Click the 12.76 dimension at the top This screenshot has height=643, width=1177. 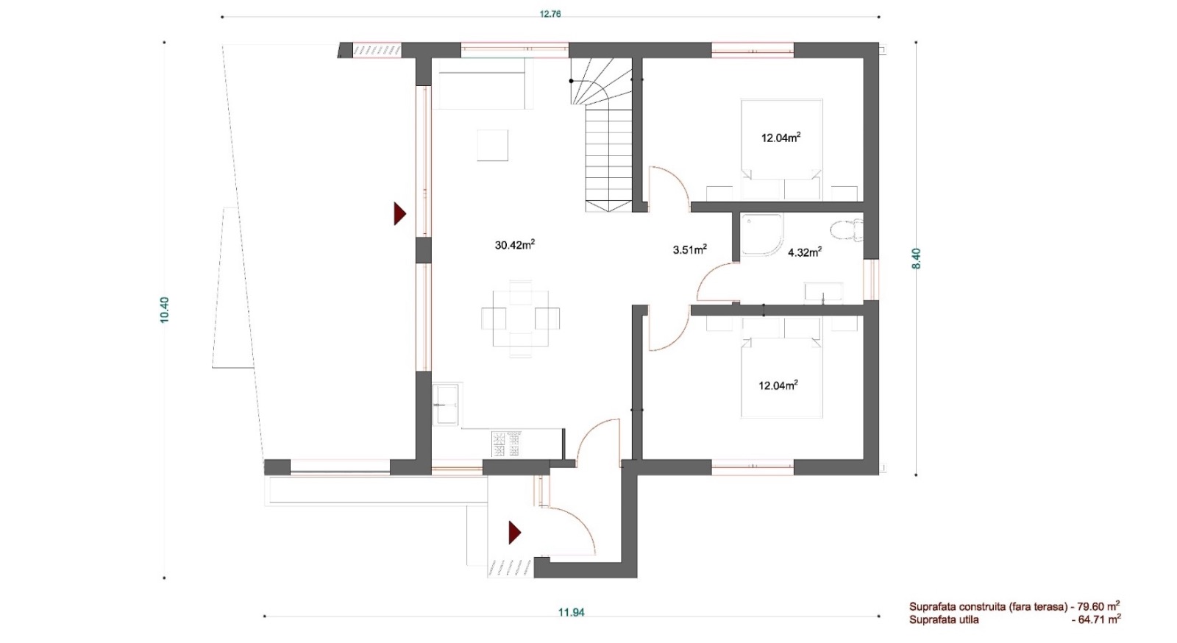pyautogui.click(x=550, y=14)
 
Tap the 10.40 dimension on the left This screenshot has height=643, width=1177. pyautogui.click(x=165, y=310)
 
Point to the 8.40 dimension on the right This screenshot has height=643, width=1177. pyautogui.click(x=917, y=258)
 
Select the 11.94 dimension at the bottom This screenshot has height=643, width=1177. pyautogui.click(x=571, y=612)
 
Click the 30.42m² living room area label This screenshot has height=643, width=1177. pyautogui.click(x=515, y=245)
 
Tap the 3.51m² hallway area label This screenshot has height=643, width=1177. pyautogui.click(x=690, y=249)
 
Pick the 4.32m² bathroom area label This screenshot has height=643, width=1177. pyautogui.click(x=805, y=252)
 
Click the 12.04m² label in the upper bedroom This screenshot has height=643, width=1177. pyautogui.click(x=780, y=138)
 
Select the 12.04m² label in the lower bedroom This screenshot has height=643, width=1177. pyautogui.click(x=778, y=386)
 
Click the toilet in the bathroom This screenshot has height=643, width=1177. pyautogui.click(x=847, y=230)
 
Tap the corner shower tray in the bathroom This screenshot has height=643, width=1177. pyautogui.click(x=761, y=234)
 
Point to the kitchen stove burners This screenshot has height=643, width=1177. pyautogui.click(x=506, y=444)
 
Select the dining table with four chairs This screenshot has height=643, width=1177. pyautogui.click(x=520, y=319)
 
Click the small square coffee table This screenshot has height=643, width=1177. pyautogui.click(x=492, y=145)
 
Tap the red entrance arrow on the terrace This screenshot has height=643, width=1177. pyautogui.click(x=400, y=214)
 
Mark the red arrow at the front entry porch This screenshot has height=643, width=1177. pyautogui.click(x=514, y=533)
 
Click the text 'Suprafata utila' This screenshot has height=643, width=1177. pyautogui.click(x=944, y=620)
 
